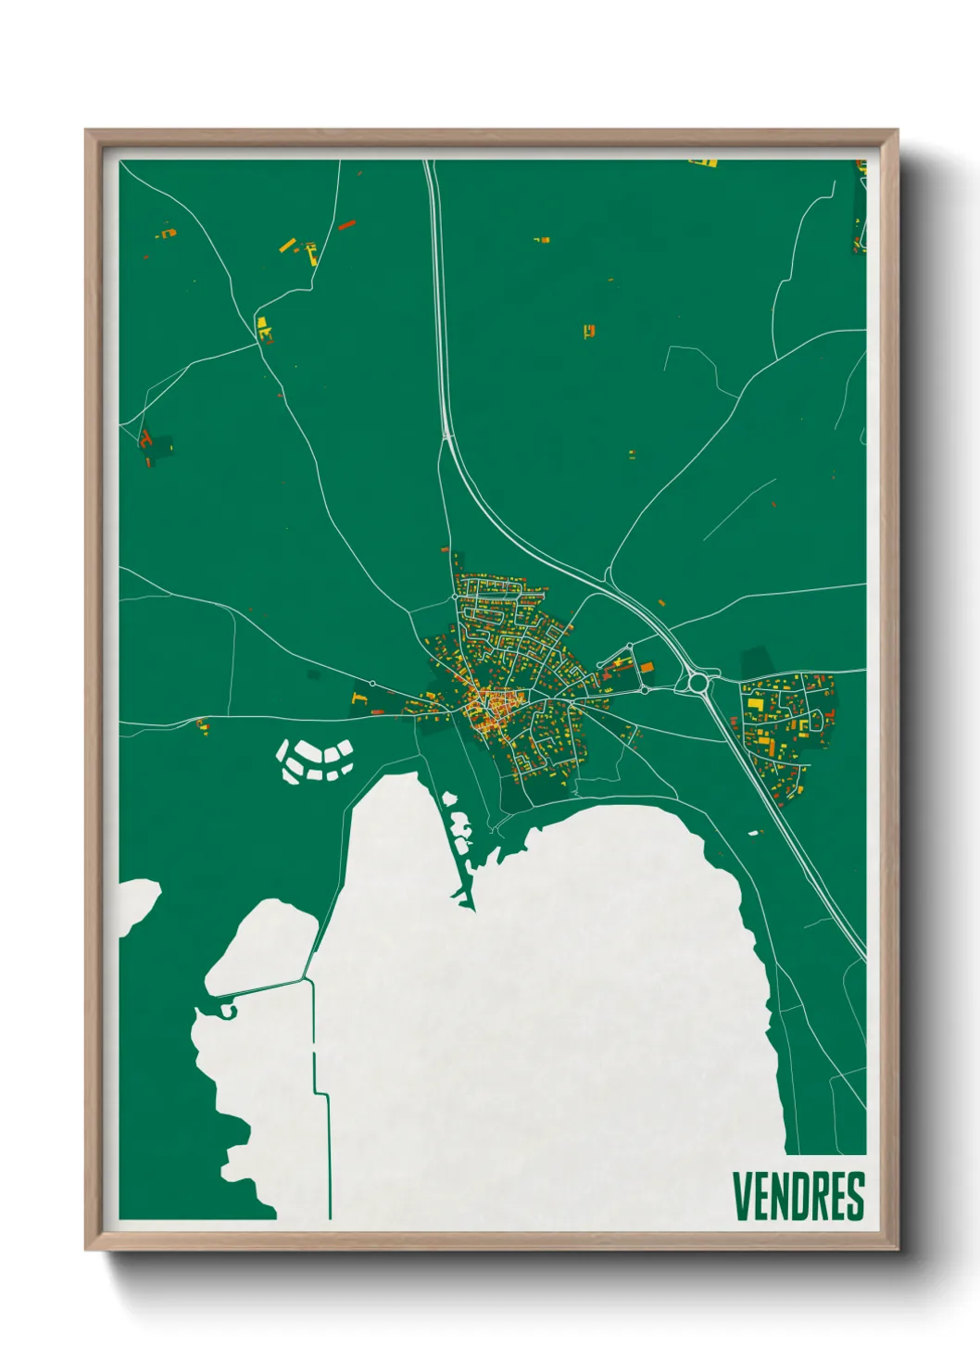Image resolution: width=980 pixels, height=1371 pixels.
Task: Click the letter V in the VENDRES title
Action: click(743, 1196)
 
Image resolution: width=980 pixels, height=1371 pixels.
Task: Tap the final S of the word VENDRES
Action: click(854, 1196)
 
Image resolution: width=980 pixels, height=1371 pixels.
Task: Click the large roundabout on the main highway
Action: click(697, 684)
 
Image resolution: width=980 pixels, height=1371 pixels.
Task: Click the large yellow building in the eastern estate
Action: click(757, 706)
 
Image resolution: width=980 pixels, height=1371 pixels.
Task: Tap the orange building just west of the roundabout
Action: click(647, 666)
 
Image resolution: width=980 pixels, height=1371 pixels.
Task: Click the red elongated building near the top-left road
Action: click(346, 224)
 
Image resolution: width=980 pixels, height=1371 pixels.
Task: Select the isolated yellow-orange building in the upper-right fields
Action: click(589, 331)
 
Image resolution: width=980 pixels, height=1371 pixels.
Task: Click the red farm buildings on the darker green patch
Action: click(146, 440)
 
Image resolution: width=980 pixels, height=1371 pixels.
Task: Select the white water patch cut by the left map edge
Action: click(135, 903)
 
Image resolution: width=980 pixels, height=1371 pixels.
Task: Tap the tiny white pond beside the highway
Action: click(754, 833)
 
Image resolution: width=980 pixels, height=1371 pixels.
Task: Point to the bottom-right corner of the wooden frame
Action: click(897, 1250)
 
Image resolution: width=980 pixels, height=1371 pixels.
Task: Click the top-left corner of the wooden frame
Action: click(86, 131)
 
